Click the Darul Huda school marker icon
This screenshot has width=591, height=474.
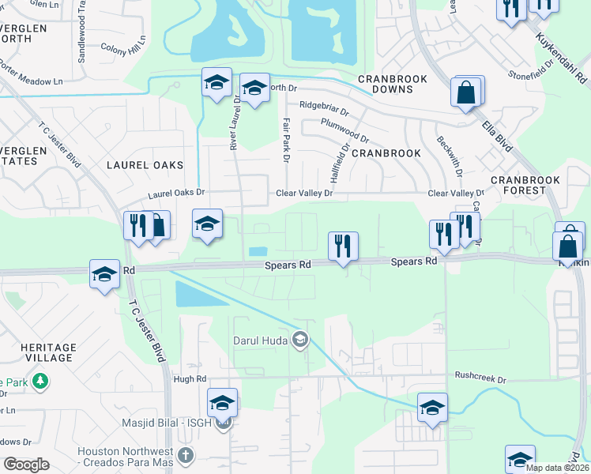point(299,340)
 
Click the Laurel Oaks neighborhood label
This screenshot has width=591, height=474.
point(145,165)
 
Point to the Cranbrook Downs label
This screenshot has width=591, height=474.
point(393,85)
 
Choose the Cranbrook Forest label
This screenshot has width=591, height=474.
point(525,185)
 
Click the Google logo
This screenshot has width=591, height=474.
point(26,465)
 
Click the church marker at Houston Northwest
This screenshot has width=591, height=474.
point(185,456)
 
